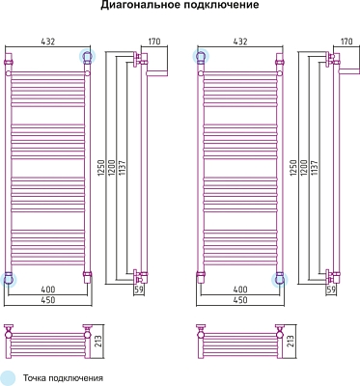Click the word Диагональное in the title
pyautogui.click(x=140, y=6)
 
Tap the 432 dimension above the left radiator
pyautogui.click(x=48, y=41)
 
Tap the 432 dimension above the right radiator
pyautogui.click(x=240, y=41)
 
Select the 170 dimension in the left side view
pyautogui.click(x=154, y=41)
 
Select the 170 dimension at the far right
pyautogui.click(x=346, y=41)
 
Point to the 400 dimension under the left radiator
pyautogui.click(x=48, y=289)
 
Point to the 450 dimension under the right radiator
pyautogui.click(x=240, y=300)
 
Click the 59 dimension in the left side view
pyautogui.click(x=139, y=289)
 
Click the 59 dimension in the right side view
pyautogui.click(x=331, y=289)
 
